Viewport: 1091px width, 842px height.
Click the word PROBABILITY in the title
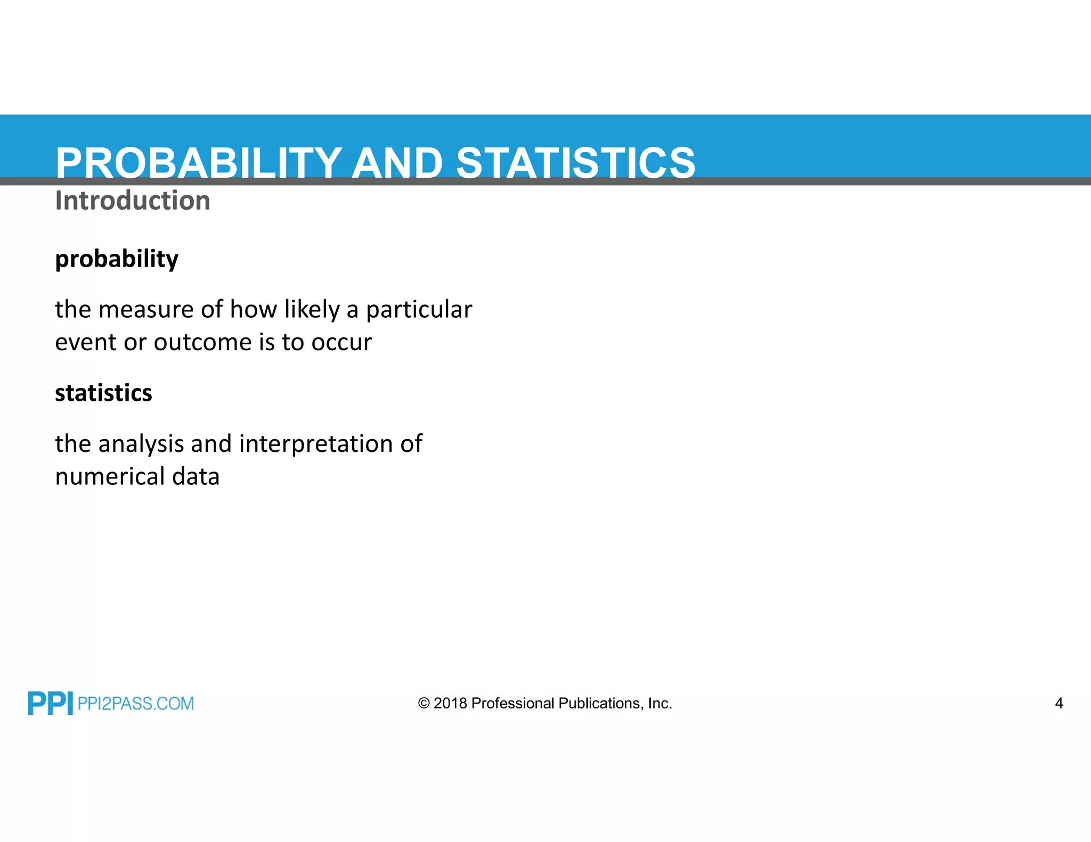(198, 163)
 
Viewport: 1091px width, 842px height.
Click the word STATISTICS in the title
(575, 163)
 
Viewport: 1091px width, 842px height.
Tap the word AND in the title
(397, 163)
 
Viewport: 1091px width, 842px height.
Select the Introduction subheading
(133, 201)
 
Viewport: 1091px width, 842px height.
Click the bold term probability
(117, 259)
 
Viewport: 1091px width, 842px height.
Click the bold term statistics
(103, 393)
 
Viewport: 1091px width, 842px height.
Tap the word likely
(312, 310)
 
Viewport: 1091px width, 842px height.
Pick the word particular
(419, 310)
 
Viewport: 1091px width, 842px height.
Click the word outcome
(202, 342)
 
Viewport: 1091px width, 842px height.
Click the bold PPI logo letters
(50, 703)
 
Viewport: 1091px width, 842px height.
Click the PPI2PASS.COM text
(135, 704)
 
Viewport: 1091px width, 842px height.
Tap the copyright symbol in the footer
(424, 704)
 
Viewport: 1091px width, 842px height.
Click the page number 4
(1059, 704)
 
